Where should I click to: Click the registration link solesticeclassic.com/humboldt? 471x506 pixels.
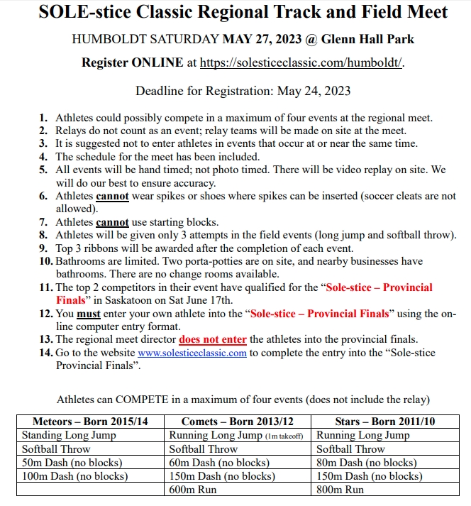pos(301,62)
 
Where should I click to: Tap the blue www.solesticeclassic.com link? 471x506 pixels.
pos(192,353)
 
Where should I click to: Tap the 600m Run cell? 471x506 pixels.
pos(193,490)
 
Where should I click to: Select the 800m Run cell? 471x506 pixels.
pos(340,490)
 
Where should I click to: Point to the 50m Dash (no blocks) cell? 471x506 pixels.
pos(72,463)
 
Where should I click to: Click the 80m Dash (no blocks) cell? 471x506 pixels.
pos(367,463)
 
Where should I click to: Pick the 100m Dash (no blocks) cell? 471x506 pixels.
pos(74,476)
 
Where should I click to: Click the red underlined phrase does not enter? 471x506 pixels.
pos(213,339)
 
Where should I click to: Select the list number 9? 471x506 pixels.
pos(43,248)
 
